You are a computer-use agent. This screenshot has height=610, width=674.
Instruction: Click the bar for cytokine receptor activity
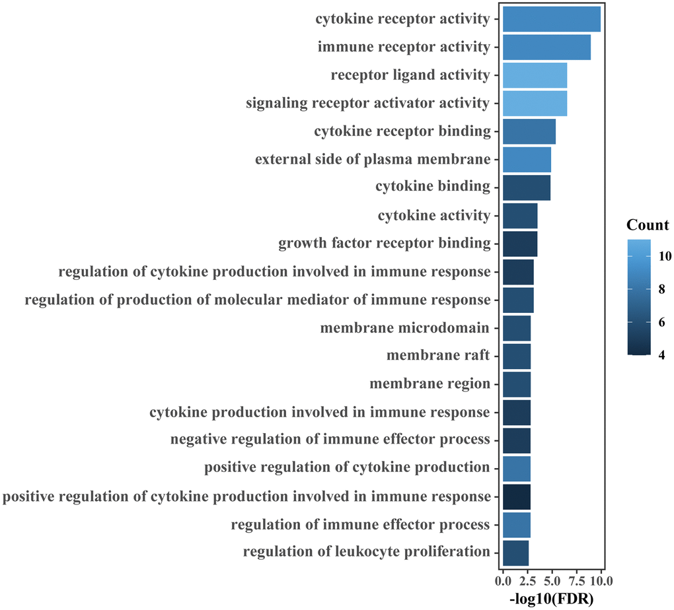tap(552, 19)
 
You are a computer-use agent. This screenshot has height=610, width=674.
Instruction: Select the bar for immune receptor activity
tap(546, 47)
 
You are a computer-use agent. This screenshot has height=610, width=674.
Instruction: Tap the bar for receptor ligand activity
tap(535, 75)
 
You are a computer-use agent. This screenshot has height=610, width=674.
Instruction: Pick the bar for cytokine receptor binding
tap(529, 131)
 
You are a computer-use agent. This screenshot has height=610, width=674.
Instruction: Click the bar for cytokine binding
tap(526, 187)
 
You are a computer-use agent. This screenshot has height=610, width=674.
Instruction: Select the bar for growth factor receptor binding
tap(520, 244)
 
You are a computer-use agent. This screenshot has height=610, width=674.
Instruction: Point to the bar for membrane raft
tap(516, 356)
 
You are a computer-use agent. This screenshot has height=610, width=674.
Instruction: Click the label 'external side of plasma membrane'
tap(373, 160)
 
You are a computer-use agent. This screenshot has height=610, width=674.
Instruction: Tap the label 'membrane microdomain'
tap(405, 328)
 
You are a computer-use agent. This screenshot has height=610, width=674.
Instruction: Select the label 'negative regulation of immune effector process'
tap(330, 440)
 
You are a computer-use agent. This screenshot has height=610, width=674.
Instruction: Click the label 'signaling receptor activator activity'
tap(368, 103)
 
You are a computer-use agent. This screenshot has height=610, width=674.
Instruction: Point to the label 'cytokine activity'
tap(434, 216)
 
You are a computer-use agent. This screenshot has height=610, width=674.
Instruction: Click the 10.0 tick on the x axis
tap(600, 582)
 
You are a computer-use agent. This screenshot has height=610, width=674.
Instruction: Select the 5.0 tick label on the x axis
tap(551, 582)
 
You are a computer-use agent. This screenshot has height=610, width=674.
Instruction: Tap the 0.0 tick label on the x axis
tap(503, 582)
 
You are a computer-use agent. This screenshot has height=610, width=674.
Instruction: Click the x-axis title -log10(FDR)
tap(552, 599)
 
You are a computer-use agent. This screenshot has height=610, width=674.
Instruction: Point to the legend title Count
tap(648, 225)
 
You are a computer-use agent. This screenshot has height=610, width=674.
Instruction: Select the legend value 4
tap(661, 355)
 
